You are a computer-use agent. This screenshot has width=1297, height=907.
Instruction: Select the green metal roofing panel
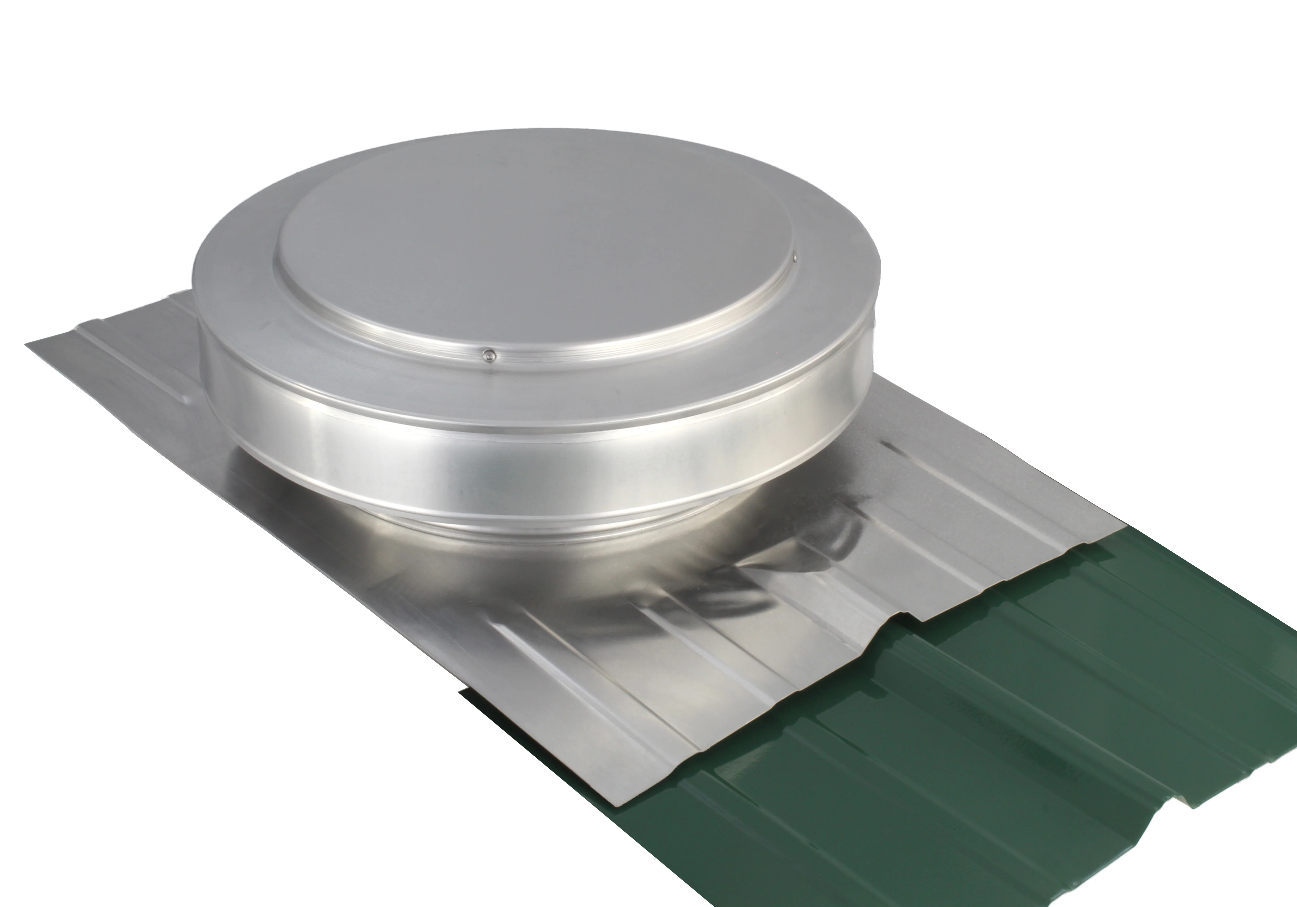[x=988, y=763]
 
